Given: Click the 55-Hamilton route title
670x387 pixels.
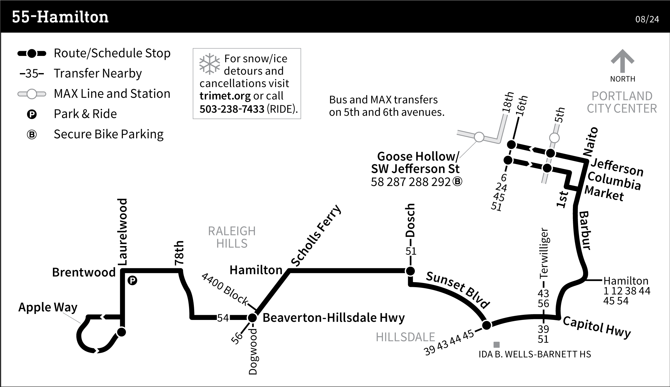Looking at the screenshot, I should tap(60, 17).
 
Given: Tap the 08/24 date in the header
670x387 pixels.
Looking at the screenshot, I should tap(647, 20).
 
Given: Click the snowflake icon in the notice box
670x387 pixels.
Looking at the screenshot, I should tap(210, 64).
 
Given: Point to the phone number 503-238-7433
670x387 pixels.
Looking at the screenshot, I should tap(232, 109).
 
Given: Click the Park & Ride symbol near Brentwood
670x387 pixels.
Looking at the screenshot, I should tap(132, 281).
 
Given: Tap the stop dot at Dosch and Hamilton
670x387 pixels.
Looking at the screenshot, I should tap(410, 271).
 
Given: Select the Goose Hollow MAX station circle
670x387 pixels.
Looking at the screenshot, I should tap(479, 137).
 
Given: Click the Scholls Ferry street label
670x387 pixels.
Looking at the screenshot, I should tap(316, 236).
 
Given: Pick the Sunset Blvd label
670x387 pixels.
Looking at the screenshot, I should tap(458, 290).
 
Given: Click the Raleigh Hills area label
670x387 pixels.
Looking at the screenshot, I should tap(232, 237).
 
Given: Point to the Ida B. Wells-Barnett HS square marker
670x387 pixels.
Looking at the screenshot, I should tap(497, 345).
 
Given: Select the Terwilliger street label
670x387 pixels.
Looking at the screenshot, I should tap(544, 253).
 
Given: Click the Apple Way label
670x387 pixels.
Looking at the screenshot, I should tap(48, 307).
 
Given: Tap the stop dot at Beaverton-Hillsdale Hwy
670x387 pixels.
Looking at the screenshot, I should tap(252, 318).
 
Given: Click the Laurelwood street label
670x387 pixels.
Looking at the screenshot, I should tap(123, 232).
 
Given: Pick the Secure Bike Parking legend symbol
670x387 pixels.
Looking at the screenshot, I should tap(32, 134).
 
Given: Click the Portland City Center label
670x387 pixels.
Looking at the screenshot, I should tap(622, 102).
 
